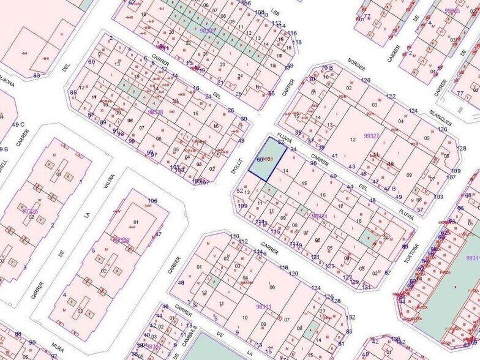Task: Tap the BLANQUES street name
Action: click(x=440, y=114)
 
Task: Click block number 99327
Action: click(x=372, y=135)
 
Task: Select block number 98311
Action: click(x=263, y=306)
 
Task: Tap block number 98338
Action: click(x=156, y=112)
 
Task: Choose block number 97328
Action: click(x=29, y=211)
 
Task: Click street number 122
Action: click(x=391, y=97)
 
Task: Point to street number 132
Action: click(x=350, y=317)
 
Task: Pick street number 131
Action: click(x=366, y=287)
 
